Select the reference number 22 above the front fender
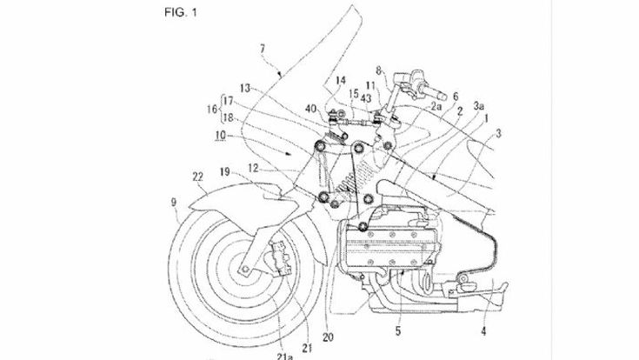click(199, 177)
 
